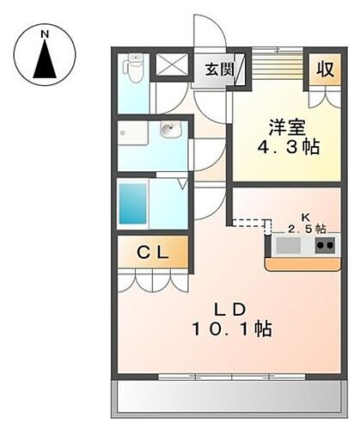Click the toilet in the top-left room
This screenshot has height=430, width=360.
134,69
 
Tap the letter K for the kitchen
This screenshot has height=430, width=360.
303,216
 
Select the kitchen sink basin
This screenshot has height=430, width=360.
289,246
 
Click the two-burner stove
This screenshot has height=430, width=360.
325,246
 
